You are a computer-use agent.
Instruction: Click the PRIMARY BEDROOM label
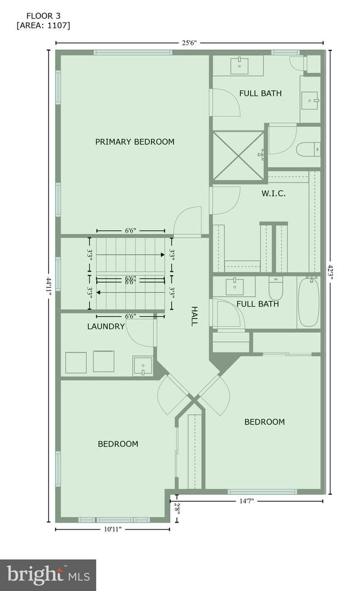pyautogui.click(x=135, y=142)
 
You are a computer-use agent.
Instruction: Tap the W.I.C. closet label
pyautogui.click(x=274, y=194)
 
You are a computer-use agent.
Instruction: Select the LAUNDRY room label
pyautogui.click(x=106, y=326)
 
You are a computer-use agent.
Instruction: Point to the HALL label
pyautogui.click(x=194, y=316)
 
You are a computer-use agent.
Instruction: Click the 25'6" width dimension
pyautogui.click(x=190, y=43)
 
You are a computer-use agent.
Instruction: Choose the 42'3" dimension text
pyautogui.click(x=330, y=272)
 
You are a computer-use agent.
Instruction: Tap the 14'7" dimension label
pyautogui.click(x=247, y=501)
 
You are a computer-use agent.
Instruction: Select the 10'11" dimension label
pyautogui.click(x=113, y=529)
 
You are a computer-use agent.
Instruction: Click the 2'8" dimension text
pyautogui.click(x=177, y=509)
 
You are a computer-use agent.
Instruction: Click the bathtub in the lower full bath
pyautogui.click(x=309, y=302)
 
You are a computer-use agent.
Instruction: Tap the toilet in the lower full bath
pyautogui.click(x=276, y=288)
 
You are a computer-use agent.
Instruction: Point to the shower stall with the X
pyautogui.click(x=238, y=156)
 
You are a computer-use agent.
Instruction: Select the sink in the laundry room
pyautogui.click(x=143, y=366)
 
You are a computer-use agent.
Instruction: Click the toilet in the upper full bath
pyautogui.click(x=309, y=149)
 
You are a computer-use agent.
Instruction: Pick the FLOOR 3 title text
pyautogui.click(x=43, y=16)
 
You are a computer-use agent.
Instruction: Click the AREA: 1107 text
pyautogui.click(x=43, y=25)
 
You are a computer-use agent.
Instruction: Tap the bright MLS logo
pyautogui.click(x=48, y=575)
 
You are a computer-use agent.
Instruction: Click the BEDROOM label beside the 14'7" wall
pyautogui.click(x=265, y=422)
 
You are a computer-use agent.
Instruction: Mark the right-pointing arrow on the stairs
pyautogui.click(x=130, y=255)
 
